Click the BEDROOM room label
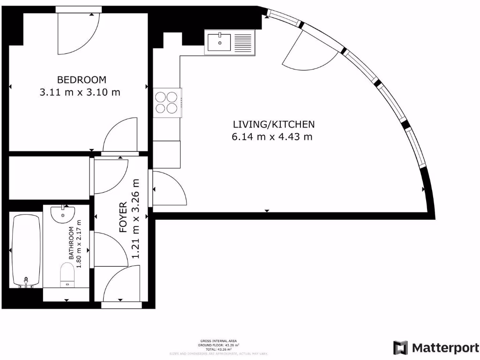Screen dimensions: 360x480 click(x=82, y=80)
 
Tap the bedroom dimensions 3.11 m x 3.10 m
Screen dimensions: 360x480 click(x=80, y=92)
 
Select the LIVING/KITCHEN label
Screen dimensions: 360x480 click(x=274, y=124)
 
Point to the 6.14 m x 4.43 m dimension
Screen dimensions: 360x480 click(x=272, y=137)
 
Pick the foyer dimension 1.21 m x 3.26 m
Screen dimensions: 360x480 click(x=136, y=218)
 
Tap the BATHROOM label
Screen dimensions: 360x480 click(x=72, y=243)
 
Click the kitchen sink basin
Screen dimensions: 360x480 click(x=219, y=42)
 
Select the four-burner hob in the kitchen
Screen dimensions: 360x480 click(x=166, y=103)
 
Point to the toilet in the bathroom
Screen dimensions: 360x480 click(x=68, y=274)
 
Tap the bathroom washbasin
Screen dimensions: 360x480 click(x=63, y=214)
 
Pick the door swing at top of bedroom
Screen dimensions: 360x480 click(x=77, y=33)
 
